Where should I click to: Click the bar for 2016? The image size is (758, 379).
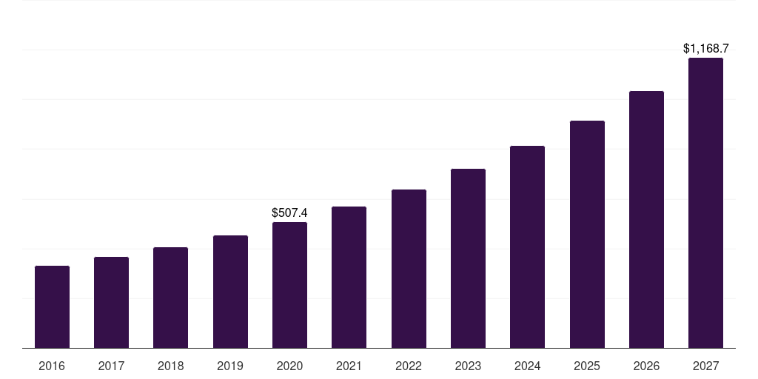[52, 307]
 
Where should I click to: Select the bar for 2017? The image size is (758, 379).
[111, 303]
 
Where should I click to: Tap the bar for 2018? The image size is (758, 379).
[170, 298]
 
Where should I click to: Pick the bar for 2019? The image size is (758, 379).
[230, 292]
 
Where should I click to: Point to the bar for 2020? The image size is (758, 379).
[289, 285]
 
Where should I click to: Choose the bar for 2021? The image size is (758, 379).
[349, 278]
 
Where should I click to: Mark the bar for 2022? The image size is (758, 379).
[409, 269]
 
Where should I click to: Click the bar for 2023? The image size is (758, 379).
[468, 258]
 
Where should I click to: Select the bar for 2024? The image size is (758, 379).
[527, 247]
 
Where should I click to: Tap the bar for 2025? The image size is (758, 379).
[587, 235]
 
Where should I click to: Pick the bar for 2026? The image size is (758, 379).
[646, 220]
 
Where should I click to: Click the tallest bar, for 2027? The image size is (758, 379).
[705, 203]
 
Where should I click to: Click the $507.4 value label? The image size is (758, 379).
[289, 213]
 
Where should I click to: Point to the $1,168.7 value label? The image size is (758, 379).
[705, 49]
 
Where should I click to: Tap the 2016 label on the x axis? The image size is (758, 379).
[52, 366]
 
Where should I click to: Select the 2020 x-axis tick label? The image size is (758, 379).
[289, 366]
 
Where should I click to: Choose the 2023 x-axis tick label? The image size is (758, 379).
[468, 366]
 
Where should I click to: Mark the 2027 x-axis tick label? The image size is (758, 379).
[705, 366]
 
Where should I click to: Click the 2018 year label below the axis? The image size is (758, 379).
[170, 366]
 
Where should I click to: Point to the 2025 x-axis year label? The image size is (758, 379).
[587, 366]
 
